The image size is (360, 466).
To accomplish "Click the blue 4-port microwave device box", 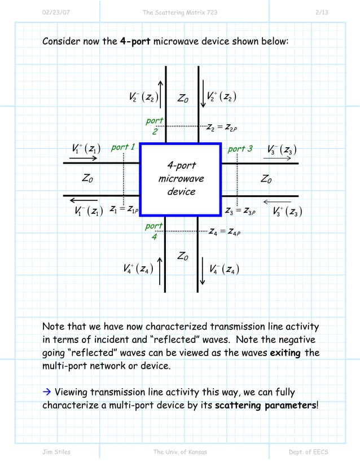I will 180,179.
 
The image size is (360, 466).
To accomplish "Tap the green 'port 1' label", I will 122,148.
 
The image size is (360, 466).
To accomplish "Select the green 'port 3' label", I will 239,149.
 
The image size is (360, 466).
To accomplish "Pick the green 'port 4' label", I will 153,231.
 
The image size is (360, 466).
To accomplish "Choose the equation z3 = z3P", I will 240,212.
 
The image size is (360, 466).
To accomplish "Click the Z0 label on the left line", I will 87,179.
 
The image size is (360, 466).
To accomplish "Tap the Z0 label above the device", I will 182,99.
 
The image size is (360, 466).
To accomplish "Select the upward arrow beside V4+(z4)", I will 161,270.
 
